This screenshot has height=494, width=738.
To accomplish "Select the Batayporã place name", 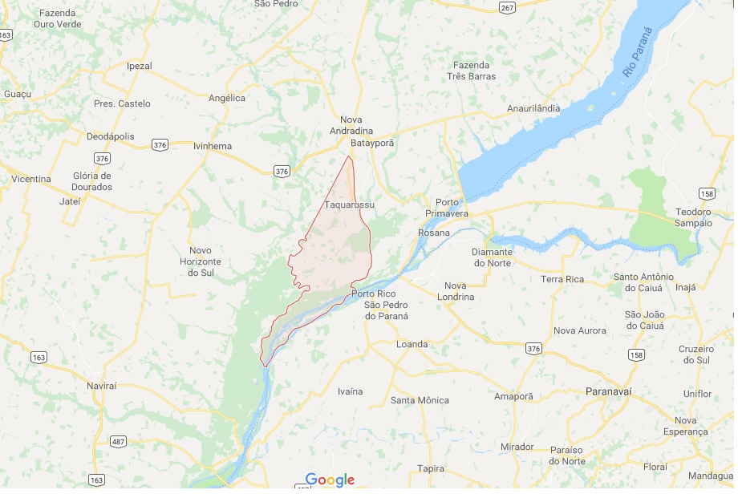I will click(373, 143).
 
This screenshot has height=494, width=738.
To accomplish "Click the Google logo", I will click(329, 480).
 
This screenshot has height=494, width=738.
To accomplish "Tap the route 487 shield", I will click(119, 442).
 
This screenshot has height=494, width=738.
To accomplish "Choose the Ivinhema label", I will click(213, 146).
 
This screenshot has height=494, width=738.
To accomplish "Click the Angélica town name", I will click(226, 98).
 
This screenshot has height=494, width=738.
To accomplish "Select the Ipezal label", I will click(140, 66).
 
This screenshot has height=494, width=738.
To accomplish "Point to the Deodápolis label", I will click(112, 136).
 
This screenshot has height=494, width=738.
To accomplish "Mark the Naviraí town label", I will click(101, 386).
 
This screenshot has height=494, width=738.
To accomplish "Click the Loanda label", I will click(412, 344).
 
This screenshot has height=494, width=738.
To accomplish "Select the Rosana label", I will click(434, 233).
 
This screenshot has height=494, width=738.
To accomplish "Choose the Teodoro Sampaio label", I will click(693, 217).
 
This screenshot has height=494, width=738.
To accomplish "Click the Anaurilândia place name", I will click(533, 108).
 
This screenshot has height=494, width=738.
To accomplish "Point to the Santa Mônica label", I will click(420, 400).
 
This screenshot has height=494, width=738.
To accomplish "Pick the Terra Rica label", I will click(562, 279).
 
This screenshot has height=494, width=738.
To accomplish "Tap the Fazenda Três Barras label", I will click(472, 71).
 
